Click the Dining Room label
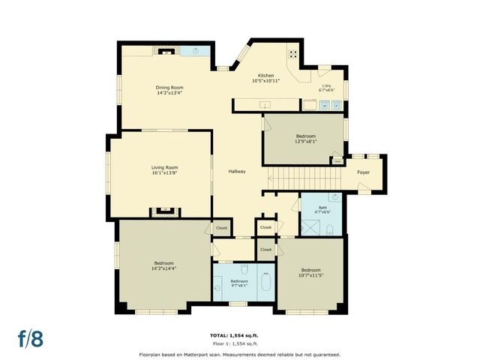(x=169, y=88)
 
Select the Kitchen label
(x=266, y=76)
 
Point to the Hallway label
(x=237, y=172)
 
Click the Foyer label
(x=363, y=172)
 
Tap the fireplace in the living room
(x=162, y=211)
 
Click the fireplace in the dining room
(x=166, y=51)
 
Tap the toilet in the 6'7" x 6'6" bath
(x=331, y=229)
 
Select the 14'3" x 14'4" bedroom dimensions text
(x=164, y=268)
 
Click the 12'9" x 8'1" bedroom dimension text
(x=306, y=141)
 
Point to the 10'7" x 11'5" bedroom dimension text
(x=310, y=275)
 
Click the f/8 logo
(x=31, y=337)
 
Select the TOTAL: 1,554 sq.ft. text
(x=239, y=334)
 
